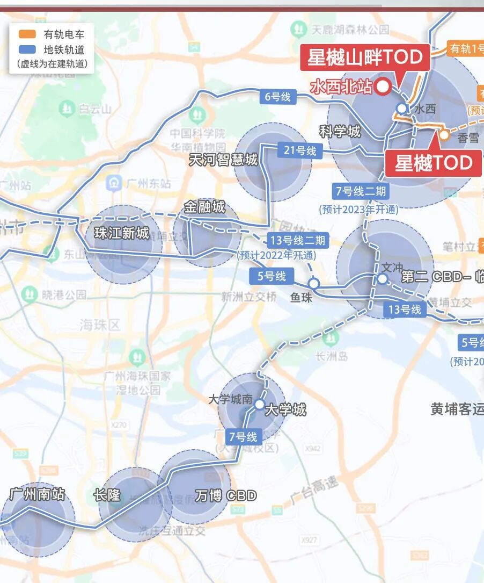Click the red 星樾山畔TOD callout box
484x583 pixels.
(x=365, y=57)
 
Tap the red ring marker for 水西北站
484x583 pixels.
(x=383, y=87)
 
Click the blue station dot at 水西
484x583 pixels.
(x=401, y=108)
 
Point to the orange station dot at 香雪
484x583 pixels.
(x=444, y=135)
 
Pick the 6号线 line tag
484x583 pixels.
(x=277, y=97)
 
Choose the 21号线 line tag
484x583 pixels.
(x=300, y=150)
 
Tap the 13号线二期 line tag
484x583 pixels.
(x=298, y=240)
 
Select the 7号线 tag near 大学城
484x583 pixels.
(x=244, y=437)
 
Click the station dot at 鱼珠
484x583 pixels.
(x=314, y=283)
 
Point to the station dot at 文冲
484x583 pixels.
(x=382, y=278)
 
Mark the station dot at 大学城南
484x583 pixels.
(x=260, y=404)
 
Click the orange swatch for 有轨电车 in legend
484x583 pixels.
(x=27, y=35)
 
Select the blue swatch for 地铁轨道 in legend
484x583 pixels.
(x=27, y=50)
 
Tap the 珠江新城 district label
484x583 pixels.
(x=121, y=233)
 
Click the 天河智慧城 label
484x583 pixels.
(x=223, y=160)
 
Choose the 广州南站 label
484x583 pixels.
(x=38, y=494)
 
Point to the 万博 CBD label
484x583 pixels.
(x=226, y=495)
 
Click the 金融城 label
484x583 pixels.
(x=204, y=207)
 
